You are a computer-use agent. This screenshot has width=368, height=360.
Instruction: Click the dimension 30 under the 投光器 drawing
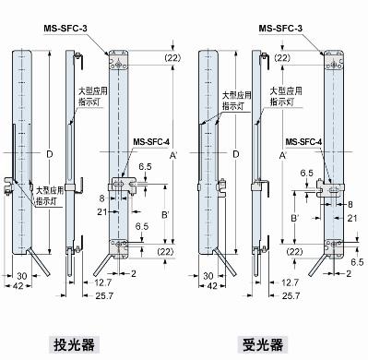tap(20, 276)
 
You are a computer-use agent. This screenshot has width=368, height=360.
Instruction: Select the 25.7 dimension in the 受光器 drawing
tap(291, 294)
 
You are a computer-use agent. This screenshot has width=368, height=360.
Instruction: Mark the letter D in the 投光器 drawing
tap(51, 151)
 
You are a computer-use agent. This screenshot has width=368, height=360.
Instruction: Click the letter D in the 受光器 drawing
tap(238, 152)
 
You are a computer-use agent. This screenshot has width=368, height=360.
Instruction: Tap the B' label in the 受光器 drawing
tap(291, 218)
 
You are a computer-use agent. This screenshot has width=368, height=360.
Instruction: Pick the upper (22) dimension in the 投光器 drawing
tap(173, 58)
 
